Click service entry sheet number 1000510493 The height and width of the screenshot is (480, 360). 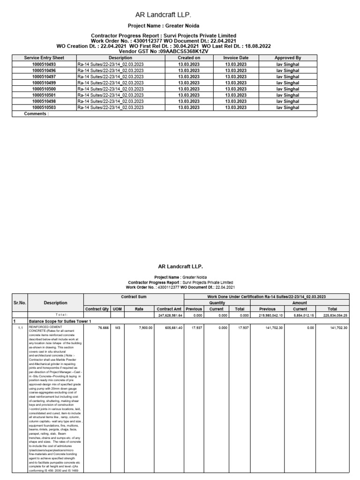pyautogui.click(x=44, y=64)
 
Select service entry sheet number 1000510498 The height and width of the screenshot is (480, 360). pyautogui.click(x=44, y=101)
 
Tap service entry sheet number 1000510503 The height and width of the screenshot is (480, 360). pyautogui.click(x=44, y=107)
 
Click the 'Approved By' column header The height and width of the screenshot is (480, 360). pyautogui.click(x=287, y=58)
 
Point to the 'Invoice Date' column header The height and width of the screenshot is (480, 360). pyautogui.click(x=236, y=58)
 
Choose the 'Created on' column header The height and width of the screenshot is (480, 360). pyautogui.click(x=189, y=58)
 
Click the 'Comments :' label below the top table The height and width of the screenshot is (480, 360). pyautogui.click(x=36, y=113)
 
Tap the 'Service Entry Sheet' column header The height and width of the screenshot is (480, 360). pyautogui.click(x=44, y=58)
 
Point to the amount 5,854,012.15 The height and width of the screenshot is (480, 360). pyautogui.click(x=300, y=315)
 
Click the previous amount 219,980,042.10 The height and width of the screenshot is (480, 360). pyautogui.click(x=268, y=315)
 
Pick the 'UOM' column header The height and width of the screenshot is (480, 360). pyautogui.click(x=118, y=309)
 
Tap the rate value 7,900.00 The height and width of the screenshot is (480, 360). pyautogui.click(x=139, y=328)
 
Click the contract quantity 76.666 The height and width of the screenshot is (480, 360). pyautogui.click(x=97, y=328)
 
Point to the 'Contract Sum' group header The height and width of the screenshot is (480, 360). pyautogui.click(x=134, y=297)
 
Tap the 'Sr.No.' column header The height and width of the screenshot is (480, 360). pyautogui.click(x=19, y=303)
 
